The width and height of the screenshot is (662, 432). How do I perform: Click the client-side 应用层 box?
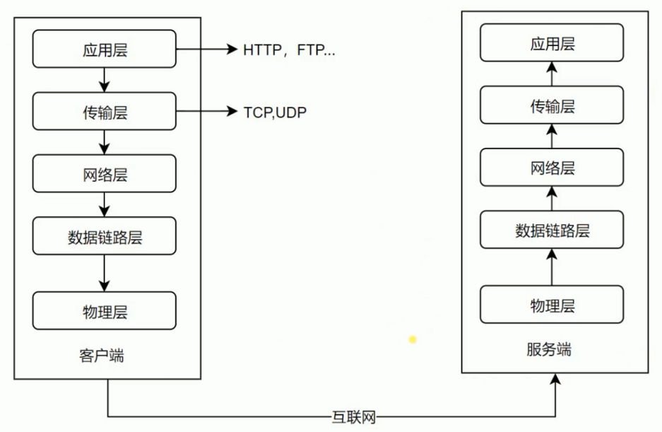105,49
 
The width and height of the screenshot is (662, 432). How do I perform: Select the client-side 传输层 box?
105,112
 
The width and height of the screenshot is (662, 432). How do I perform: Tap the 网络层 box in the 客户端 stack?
105,174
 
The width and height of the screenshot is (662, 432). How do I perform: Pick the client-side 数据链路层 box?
105,237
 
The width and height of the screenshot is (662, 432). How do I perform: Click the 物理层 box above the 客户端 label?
105,310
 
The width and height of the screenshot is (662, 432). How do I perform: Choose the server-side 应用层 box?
552,43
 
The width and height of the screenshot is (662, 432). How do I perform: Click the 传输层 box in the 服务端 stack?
552,105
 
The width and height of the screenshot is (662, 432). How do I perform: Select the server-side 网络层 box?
552,168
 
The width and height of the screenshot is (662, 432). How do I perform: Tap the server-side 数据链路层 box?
552,230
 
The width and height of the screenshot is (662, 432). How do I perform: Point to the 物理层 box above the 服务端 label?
552,305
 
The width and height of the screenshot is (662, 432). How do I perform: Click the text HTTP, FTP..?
288,49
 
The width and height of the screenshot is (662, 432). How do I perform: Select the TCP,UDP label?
276,112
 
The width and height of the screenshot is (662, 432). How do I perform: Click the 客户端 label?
101,355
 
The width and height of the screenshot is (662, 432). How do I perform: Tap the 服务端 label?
549,349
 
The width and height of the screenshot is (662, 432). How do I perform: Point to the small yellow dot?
413,340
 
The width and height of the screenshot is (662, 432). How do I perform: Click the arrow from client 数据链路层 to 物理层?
105,272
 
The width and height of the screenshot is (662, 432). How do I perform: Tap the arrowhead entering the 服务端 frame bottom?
556,380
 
